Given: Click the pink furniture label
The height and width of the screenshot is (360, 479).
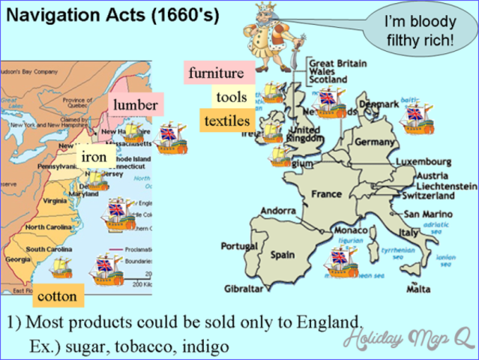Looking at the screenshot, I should click(x=216, y=73).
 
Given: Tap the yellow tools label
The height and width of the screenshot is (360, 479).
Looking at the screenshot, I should click(x=231, y=97).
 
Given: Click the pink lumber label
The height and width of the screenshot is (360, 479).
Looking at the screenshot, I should click(x=136, y=105).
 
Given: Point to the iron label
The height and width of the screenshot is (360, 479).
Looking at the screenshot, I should click(x=94, y=157).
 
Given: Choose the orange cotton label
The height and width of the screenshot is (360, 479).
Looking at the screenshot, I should click(x=57, y=296).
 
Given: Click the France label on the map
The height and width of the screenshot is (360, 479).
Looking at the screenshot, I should click(x=326, y=194).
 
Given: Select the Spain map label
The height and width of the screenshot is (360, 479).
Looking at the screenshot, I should click(x=283, y=255).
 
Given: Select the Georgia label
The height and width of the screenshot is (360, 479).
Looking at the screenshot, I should click(x=18, y=259).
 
